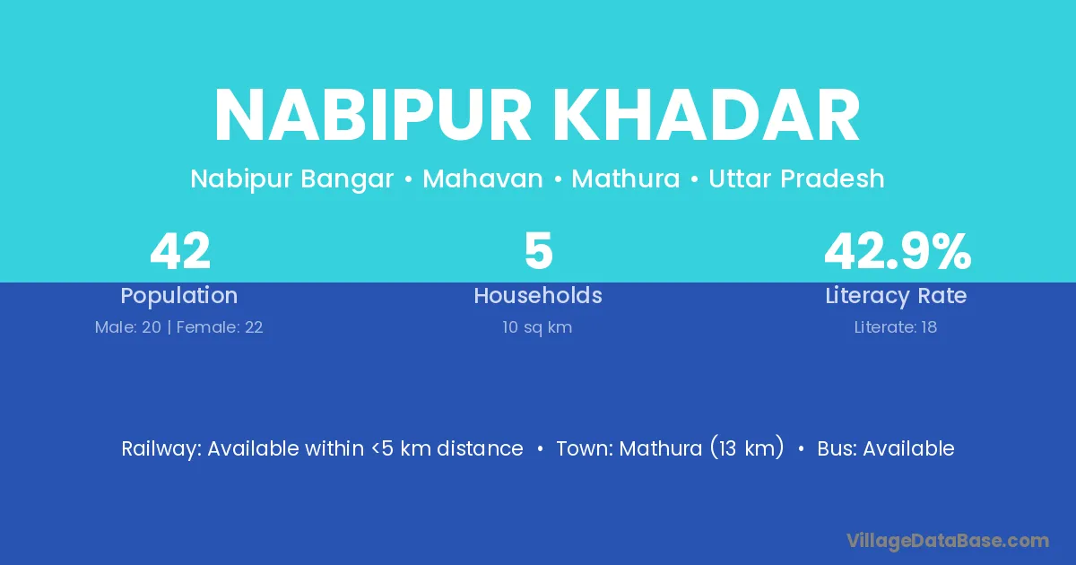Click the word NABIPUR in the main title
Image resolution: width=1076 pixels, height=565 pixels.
pyautogui.click(x=373, y=116)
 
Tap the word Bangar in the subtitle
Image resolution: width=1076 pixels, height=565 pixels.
pyautogui.click(x=347, y=179)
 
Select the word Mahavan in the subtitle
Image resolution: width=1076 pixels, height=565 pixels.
pyautogui.click(x=482, y=178)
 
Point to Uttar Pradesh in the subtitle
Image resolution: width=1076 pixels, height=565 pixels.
pyautogui.click(x=796, y=178)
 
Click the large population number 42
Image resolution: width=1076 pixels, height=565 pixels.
pyautogui.click(x=180, y=251)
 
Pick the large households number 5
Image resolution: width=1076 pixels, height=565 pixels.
pyautogui.click(x=539, y=251)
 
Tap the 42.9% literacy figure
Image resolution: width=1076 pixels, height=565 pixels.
pyautogui.click(x=898, y=251)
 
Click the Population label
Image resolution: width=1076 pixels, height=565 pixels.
pyautogui.click(x=179, y=296)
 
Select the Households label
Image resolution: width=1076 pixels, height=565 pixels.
pyautogui.click(x=538, y=295)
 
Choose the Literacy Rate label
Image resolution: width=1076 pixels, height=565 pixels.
pyautogui.click(x=896, y=296)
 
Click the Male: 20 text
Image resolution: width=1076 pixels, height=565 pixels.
pyautogui.click(x=127, y=327)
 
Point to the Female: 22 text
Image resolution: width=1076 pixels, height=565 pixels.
pyautogui.click(x=220, y=327)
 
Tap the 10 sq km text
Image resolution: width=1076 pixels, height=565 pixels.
pyautogui.click(x=537, y=327)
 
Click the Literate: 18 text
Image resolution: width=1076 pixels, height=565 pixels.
pyautogui.click(x=896, y=327)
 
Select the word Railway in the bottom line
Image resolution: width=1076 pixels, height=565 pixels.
pyautogui.click(x=160, y=449)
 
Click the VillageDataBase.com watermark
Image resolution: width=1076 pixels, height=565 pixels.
pyautogui.click(x=948, y=541)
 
